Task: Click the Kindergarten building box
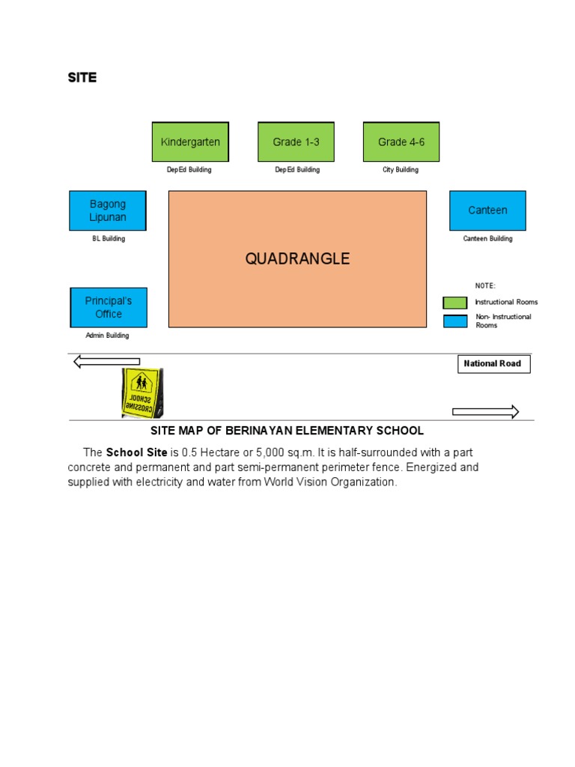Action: (x=190, y=142)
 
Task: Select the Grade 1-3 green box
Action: (x=296, y=142)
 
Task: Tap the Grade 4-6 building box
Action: (x=401, y=142)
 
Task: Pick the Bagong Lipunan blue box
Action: (x=108, y=210)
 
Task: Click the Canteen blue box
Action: (x=487, y=210)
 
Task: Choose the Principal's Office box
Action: (x=109, y=307)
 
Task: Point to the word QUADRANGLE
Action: (x=297, y=259)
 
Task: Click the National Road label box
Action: (x=493, y=364)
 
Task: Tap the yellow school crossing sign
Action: (x=142, y=392)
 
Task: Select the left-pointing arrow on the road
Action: (x=106, y=363)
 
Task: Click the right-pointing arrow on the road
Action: (x=485, y=411)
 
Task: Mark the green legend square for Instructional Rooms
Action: (x=454, y=303)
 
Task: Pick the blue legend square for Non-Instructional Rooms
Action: (x=454, y=321)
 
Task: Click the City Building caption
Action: (x=401, y=170)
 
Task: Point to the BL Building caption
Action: (x=109, y=239)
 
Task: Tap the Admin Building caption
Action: (x=107, y=336)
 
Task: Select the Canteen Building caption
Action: (x=487, y=239)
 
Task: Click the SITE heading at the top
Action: (x=82, y=78)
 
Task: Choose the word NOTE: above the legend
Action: (x=485, y=285)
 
